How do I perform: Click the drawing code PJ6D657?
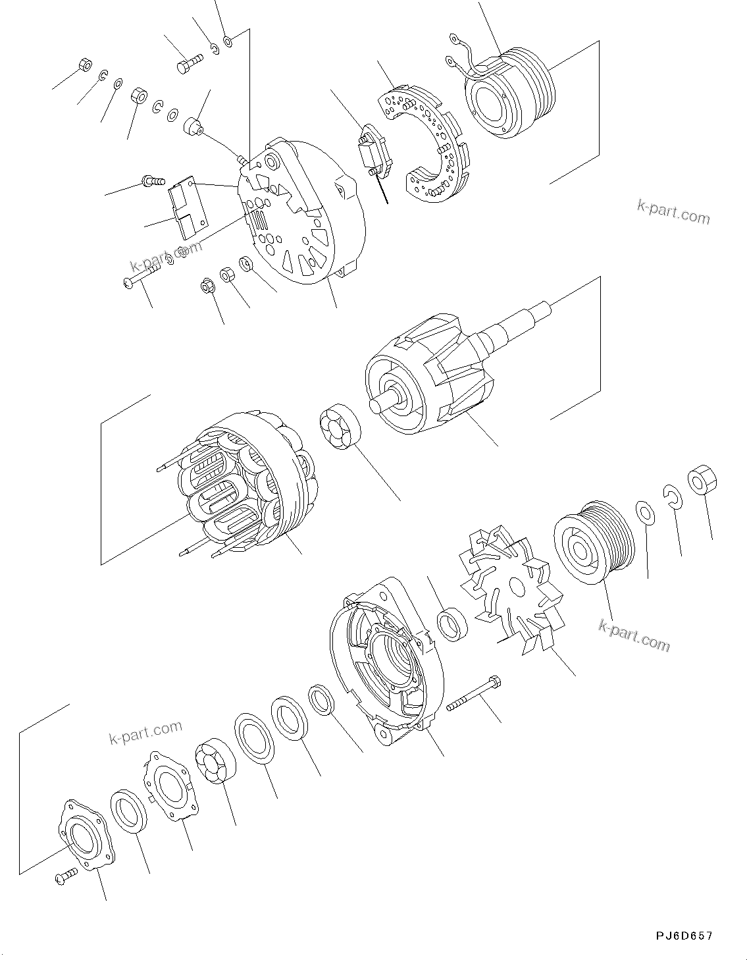click(x=683, y=936)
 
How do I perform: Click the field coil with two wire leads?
click(x=507, y=92)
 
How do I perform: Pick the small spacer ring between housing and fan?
click(x=453, y=624)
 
